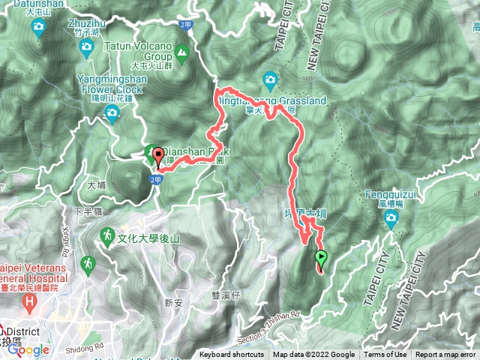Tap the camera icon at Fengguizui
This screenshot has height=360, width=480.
391,219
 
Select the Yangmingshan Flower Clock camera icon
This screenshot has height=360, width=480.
112,115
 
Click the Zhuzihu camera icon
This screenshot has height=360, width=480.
86,49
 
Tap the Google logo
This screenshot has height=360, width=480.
28,349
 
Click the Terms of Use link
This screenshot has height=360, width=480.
385,355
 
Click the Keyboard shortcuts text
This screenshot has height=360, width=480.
231,355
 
